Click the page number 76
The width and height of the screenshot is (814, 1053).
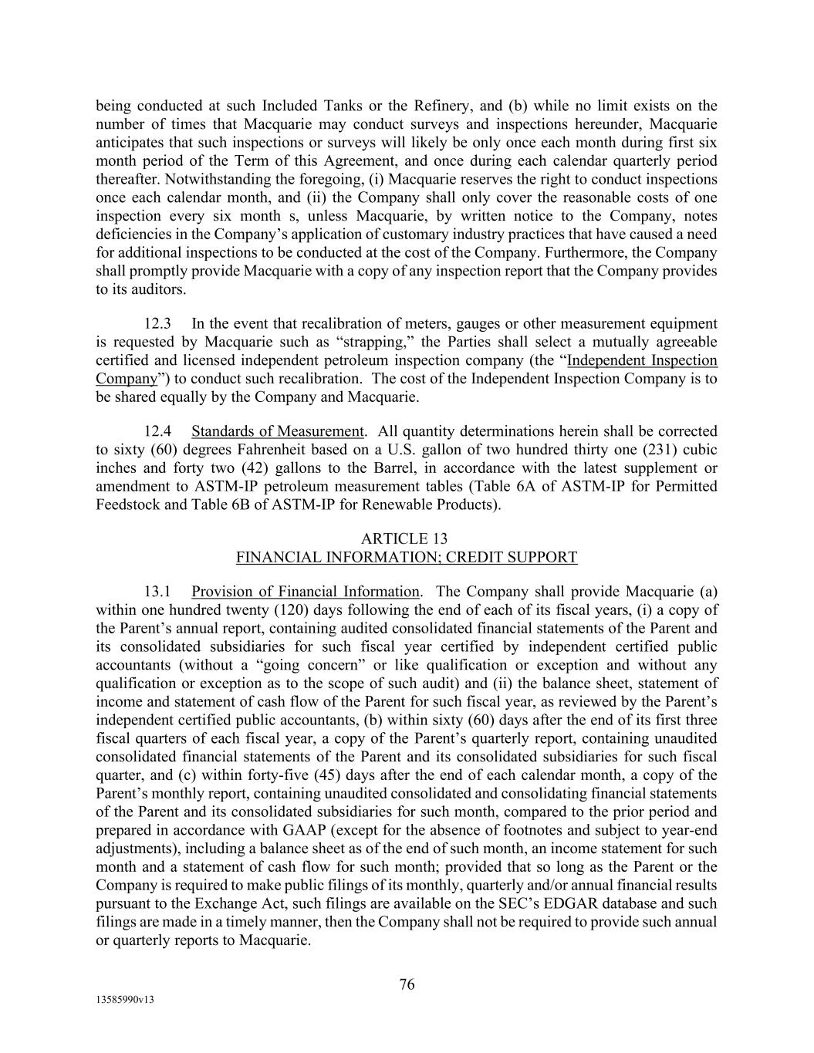point(407,984)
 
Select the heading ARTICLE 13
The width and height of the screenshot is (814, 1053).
point(406,538)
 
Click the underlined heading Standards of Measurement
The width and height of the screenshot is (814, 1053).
point(277,431)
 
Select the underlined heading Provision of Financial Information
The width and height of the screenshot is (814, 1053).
point(305,592)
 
